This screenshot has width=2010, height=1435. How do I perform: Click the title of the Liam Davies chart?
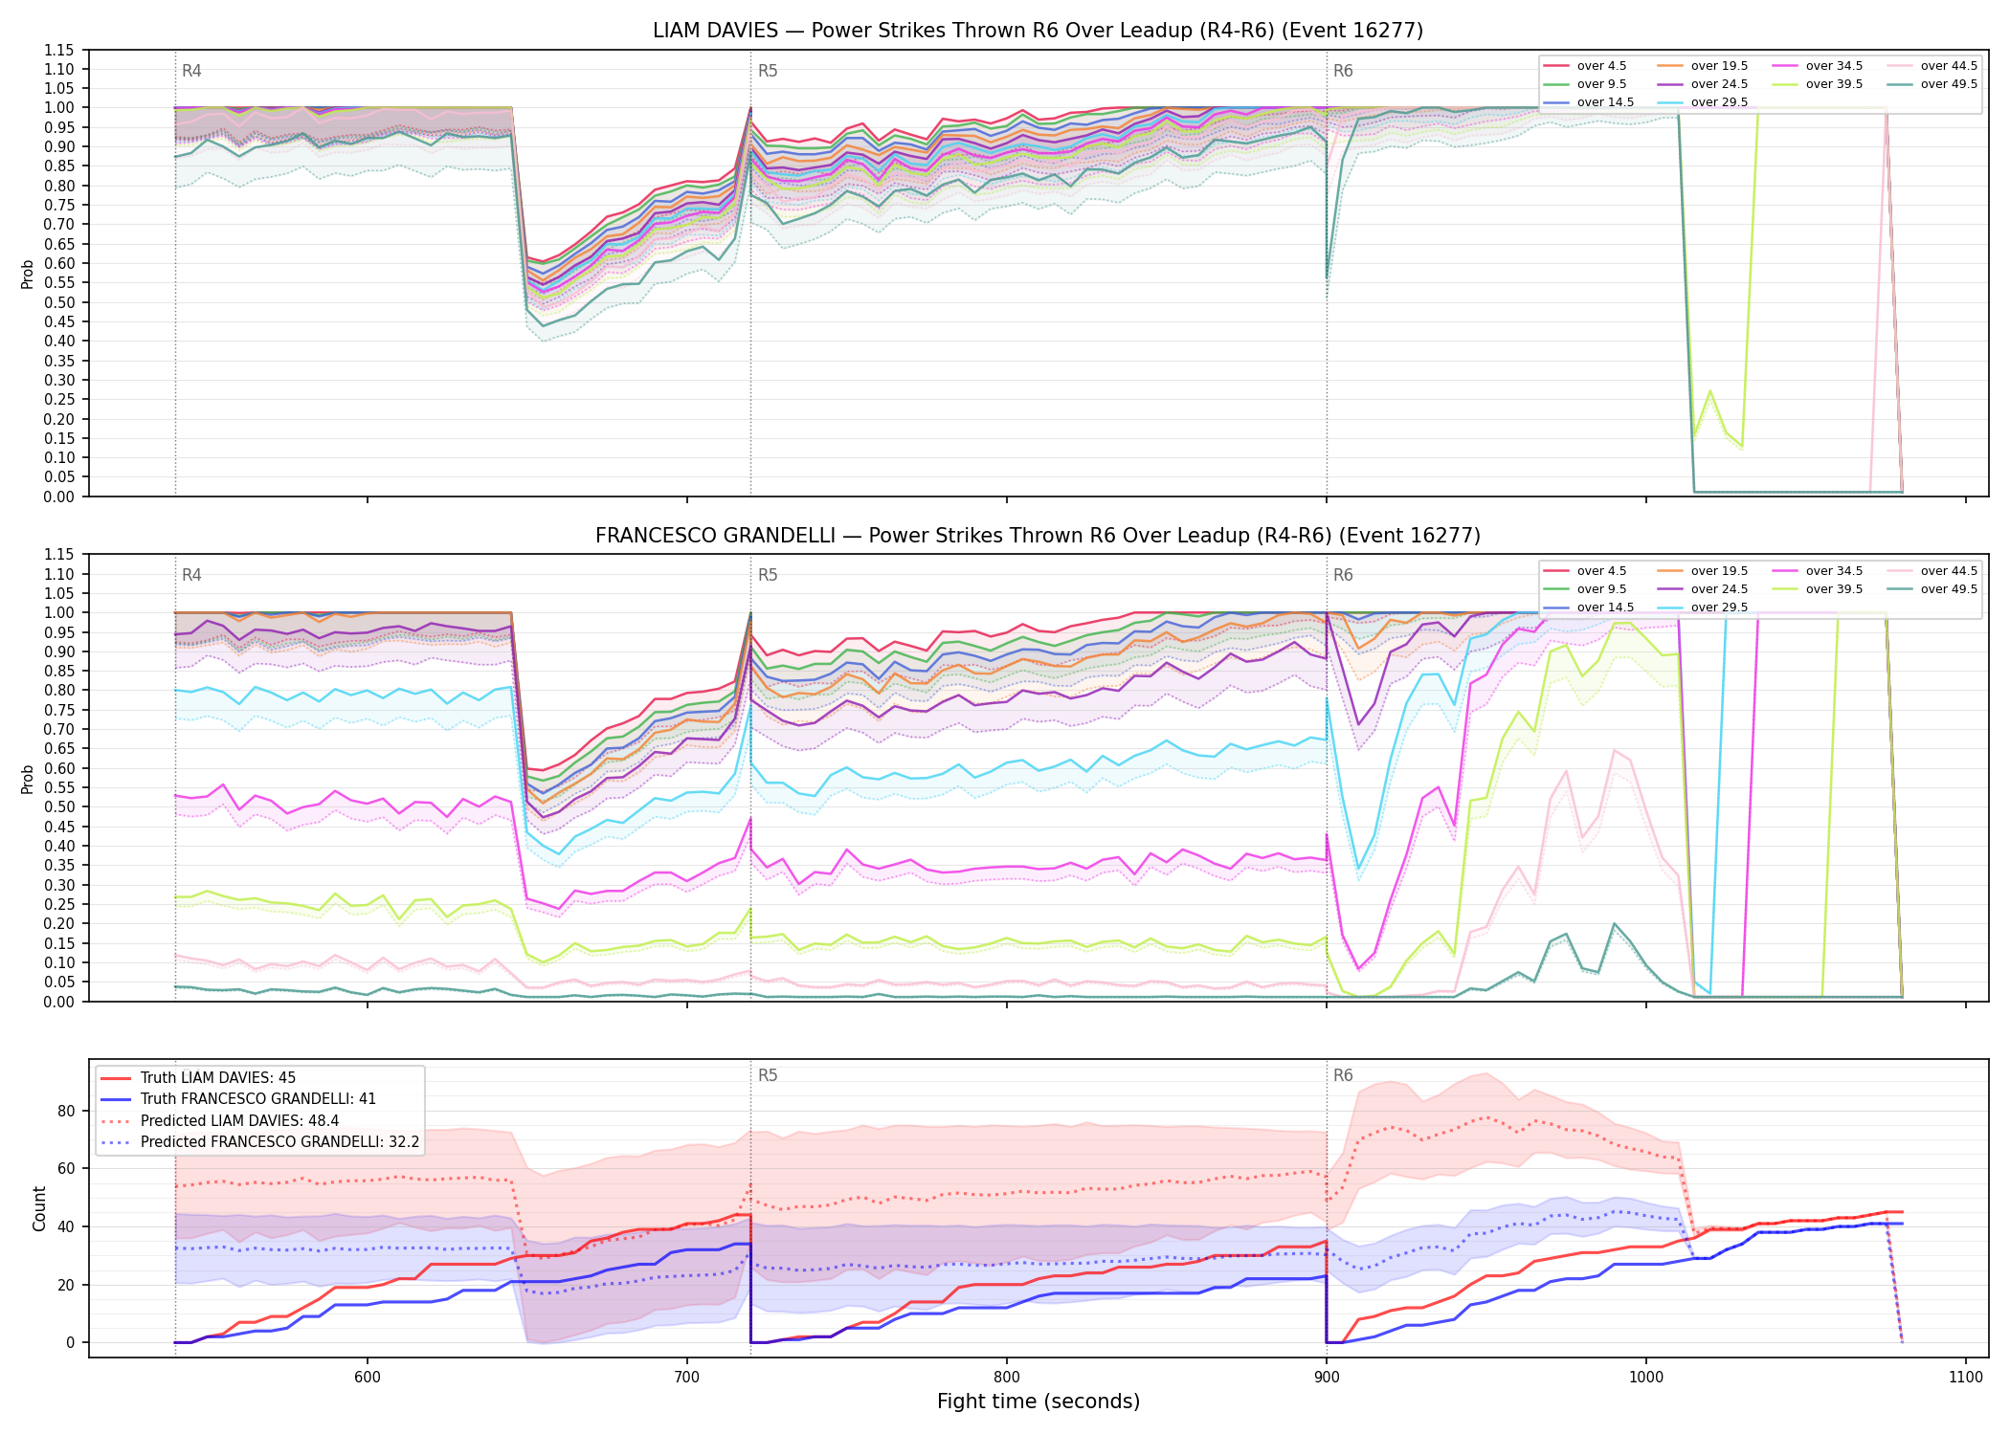click(x=1038, y=31)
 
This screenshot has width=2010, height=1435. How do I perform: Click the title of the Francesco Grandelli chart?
click(x=1038, y=536)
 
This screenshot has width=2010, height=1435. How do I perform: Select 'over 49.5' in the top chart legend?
click(x=1949, y=84)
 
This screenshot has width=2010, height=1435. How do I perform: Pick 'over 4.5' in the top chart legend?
click(x=1601, y=66)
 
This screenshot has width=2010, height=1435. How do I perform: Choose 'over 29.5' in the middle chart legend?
click(x=1719, y=607)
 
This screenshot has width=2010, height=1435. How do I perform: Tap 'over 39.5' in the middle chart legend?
click(x=1834, y=589)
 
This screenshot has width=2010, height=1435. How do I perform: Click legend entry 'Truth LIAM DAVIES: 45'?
click(x=218, y=1078)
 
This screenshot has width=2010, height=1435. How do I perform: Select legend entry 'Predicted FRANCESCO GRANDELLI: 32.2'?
click(x=279, y=1142)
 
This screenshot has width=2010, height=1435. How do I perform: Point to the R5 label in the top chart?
click(x=768, y=71)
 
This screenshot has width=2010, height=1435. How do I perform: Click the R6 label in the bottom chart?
click(x=1343, y=1075)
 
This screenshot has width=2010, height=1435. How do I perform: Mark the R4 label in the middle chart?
click(x=191, y=575)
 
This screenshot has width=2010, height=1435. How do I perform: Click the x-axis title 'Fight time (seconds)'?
click(x=1038, y=1402)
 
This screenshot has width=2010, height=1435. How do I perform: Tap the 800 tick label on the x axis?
click(x=1006, y=1377)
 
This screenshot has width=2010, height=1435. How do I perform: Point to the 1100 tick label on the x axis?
click(x=1965, y=1377)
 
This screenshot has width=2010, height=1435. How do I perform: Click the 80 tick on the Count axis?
click(x=66, y=1111)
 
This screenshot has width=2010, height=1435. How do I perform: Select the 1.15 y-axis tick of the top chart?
click(x=58, y=50)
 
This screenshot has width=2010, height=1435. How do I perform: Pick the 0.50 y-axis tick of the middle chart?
click(x=58, y=806)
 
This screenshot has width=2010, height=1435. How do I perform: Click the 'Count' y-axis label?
click(x=39, y=1208)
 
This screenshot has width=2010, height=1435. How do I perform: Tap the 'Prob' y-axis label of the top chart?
click(x=27, y=274)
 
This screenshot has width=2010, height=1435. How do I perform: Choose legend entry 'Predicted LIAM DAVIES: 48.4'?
click(x=239, y=1121)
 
